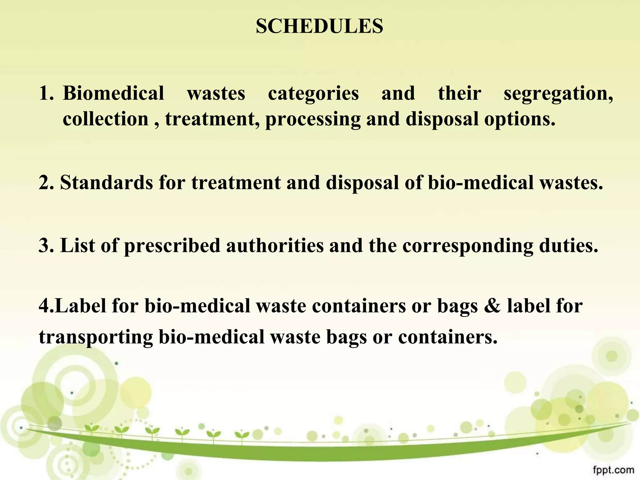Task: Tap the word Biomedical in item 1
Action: [113, 93]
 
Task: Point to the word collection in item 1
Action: [106, 119]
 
